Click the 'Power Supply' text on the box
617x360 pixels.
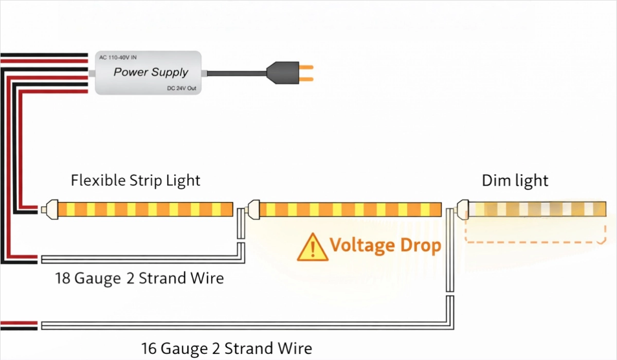tap(151, 72)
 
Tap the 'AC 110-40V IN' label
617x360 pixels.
tap(118, 57)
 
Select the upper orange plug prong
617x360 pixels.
tap(306, 67)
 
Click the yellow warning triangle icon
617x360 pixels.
tap(312, 247)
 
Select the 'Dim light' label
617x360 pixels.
tap(515, 181)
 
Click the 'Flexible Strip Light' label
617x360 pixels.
tap(136, 181)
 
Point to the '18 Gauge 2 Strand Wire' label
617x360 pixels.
tap(139, 278)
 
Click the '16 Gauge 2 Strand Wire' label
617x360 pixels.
tap(227, 348)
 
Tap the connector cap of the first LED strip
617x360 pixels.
tap(50, 209)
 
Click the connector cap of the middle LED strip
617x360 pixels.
tap(253, 209)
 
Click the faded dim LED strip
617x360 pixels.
tap(537, 208)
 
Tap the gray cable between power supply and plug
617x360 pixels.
tap(237, 73)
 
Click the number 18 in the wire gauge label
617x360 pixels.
tap(63, 278)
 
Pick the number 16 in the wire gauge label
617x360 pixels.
tap(150, 348)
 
